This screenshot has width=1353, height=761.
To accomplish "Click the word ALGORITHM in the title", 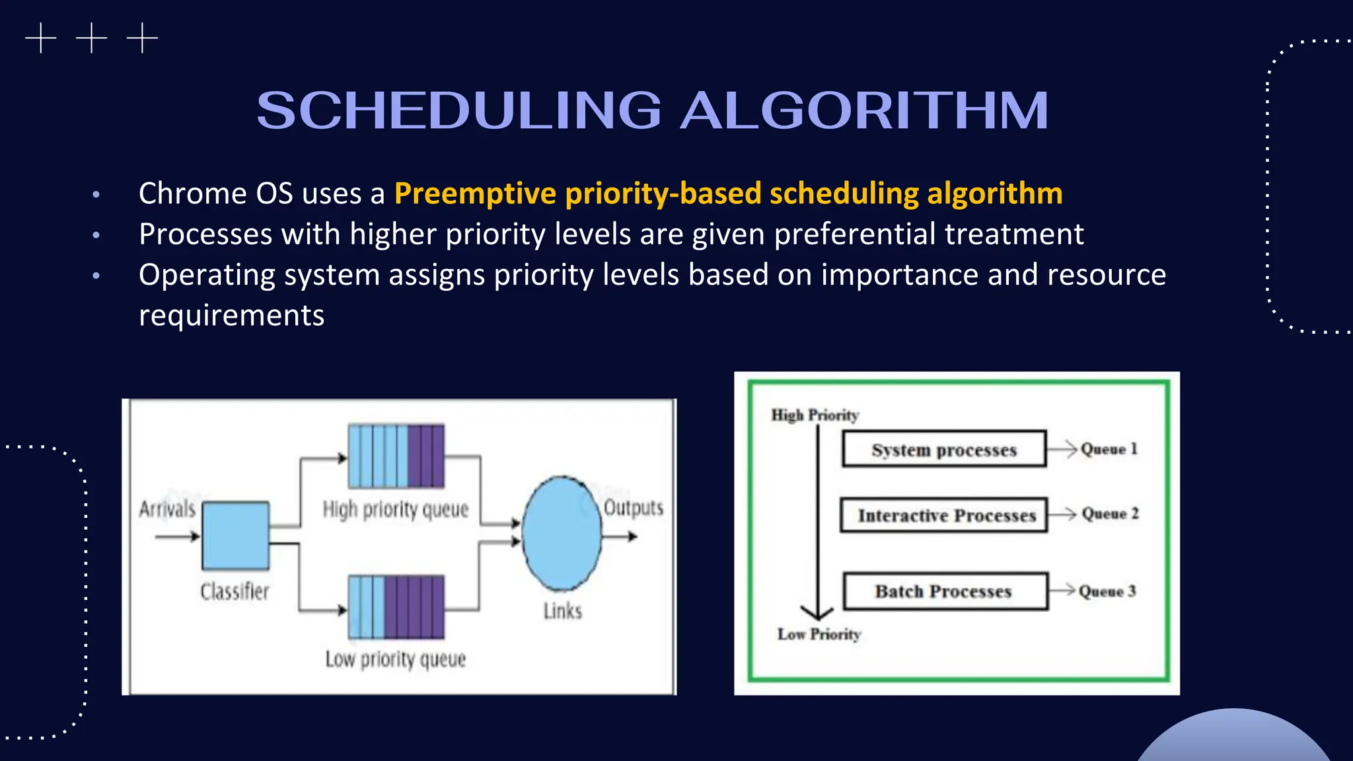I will [864, 110].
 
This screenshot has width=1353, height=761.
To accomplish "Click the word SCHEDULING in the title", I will [459, 110].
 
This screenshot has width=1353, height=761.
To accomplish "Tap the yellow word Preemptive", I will [475, 194].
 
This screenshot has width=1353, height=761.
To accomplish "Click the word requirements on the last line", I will [231, 315].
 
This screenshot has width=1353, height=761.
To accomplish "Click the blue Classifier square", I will [235, 535].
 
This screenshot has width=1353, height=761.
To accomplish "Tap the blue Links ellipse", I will [562, 533].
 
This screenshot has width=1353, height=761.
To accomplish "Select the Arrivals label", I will [167, 509].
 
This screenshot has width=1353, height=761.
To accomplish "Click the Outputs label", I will [633, 507].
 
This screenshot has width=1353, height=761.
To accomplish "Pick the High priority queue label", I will [395, 509].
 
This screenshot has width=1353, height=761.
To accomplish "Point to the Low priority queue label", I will [395, 659].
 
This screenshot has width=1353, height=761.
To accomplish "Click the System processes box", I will [944, 449].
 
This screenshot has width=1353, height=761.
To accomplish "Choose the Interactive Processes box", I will [944, 515].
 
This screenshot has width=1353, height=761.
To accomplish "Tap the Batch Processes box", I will [944, 591].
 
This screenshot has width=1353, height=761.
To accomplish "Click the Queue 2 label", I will [1110, 513].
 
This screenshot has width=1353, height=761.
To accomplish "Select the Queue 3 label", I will [1107, 591].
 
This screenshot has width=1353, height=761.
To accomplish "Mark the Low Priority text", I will [819, 634].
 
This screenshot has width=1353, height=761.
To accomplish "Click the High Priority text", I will [815, 415].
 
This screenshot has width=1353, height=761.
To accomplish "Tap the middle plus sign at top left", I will [91, 38].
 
